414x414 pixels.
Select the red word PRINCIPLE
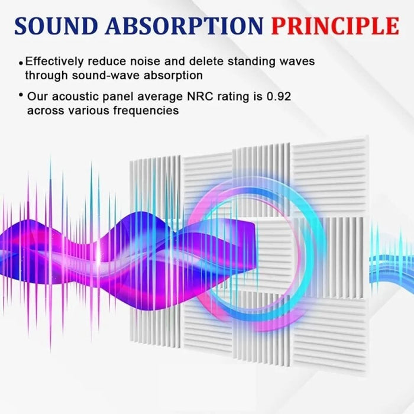[x=335, y=26]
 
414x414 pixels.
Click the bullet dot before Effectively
[x=21, y=62]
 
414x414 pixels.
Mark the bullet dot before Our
[x=21, y=95]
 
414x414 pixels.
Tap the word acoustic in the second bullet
[x=71, y=96]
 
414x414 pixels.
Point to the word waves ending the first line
[x=297, y=61]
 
